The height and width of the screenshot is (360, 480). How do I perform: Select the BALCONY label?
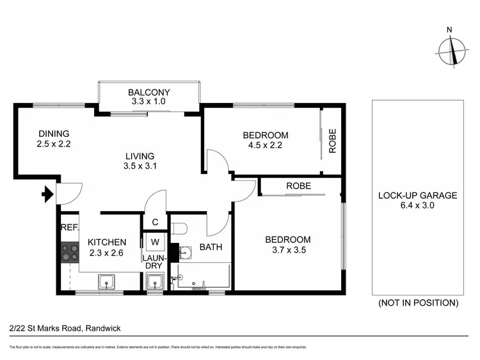pos(148,91)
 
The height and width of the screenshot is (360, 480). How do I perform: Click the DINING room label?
pos(54,134)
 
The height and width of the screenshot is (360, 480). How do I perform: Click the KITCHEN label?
pos(107,242)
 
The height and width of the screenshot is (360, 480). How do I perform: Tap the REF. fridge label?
pos(68,228)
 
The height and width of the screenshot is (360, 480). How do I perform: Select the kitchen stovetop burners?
pos(68,253)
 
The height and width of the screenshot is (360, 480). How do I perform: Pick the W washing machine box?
pos(155,242)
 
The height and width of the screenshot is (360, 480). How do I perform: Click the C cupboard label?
pos(155,223)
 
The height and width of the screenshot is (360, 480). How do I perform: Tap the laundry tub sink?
pos(155,281)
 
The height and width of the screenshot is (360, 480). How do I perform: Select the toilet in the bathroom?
pos(179,228)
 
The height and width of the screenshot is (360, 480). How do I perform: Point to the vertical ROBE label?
pos(332,141)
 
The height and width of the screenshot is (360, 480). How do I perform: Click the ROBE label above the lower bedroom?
pos(298,186)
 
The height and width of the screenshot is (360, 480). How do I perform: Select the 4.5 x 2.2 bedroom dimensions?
pos(265,145)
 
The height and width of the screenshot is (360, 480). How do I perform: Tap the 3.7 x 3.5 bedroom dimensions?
pos(288,251)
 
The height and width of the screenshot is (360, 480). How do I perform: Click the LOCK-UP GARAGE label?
pos(417,196)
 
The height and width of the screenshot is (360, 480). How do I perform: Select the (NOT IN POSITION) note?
pos(418,302)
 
